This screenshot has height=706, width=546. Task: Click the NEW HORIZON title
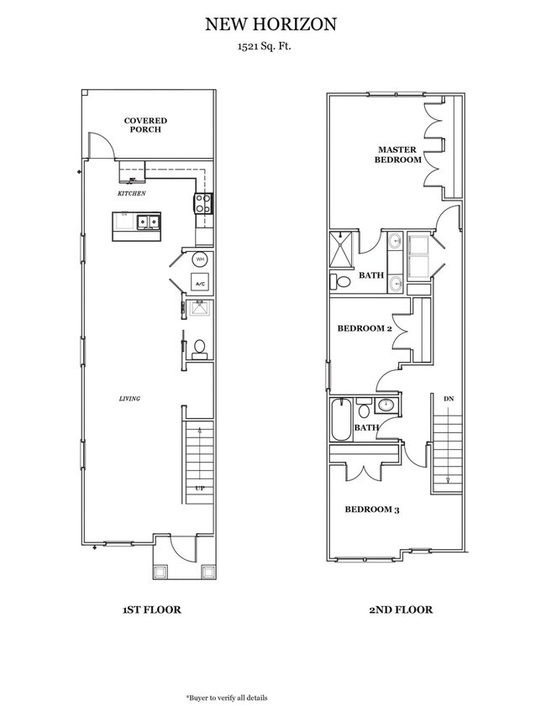pos(270,26)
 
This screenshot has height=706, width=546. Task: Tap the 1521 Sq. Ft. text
pos(270,49)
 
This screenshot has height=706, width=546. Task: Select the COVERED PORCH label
pos(145,124)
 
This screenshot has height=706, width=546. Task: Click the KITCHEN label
pos(132,193)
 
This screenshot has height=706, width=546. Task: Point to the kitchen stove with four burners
pos(202,201)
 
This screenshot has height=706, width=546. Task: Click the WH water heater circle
pos(200,259)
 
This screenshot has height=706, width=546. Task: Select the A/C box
pos(200,284)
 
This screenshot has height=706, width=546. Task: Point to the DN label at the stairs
pos(448,399)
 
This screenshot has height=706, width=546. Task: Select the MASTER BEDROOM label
pos(397,154)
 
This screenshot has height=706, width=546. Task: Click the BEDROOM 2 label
pos(365,328)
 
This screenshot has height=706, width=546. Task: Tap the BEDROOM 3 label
pos(372,509)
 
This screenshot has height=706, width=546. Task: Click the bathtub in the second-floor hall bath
pos(340,421)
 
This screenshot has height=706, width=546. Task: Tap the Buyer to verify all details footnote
pos(227,698)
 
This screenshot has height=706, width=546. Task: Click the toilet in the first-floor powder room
pos(200,347)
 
